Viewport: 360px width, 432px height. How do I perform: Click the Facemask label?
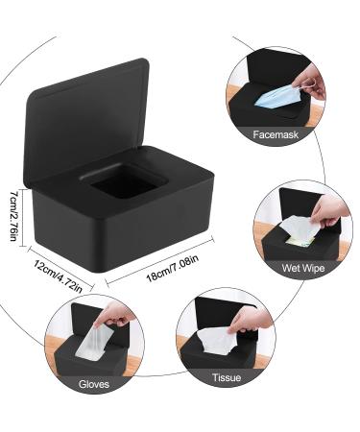[276, 134]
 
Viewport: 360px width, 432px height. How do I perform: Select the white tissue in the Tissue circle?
[220, 343]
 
